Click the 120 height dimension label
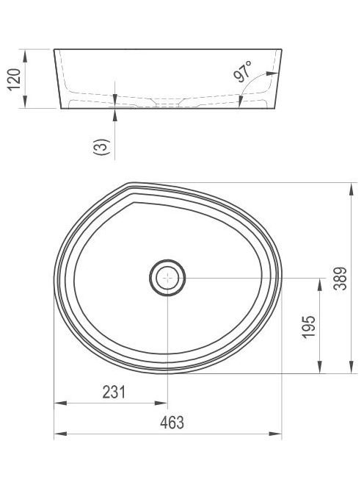(14, 79)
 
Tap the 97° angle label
(243, 71)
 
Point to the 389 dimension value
(340, 279)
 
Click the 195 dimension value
(308, 327)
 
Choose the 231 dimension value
(114, 392)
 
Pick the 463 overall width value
(172, 423)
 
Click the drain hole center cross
(167, 278)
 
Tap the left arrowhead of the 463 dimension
(61, 434)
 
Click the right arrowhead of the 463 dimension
(275, 434)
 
